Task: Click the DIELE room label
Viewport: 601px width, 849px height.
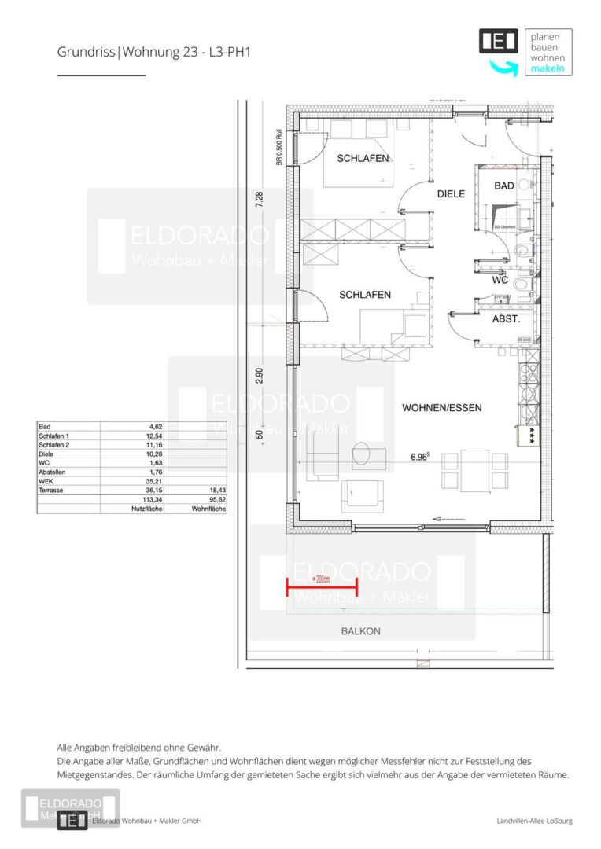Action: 452,193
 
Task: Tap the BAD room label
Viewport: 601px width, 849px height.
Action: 504,186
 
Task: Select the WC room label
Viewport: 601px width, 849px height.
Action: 500,280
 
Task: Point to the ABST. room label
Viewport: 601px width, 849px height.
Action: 505,319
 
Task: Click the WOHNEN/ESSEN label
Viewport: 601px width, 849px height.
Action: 441,408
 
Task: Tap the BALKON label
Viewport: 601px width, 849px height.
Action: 360,631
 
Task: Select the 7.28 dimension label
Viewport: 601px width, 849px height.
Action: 260,200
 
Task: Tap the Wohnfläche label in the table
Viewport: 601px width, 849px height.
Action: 208,509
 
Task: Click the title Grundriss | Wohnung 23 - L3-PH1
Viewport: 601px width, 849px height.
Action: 153,53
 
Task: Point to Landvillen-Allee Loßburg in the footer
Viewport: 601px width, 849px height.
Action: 534,821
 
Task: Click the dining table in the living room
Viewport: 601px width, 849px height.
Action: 474,461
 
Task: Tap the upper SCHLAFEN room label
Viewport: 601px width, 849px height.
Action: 363,158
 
